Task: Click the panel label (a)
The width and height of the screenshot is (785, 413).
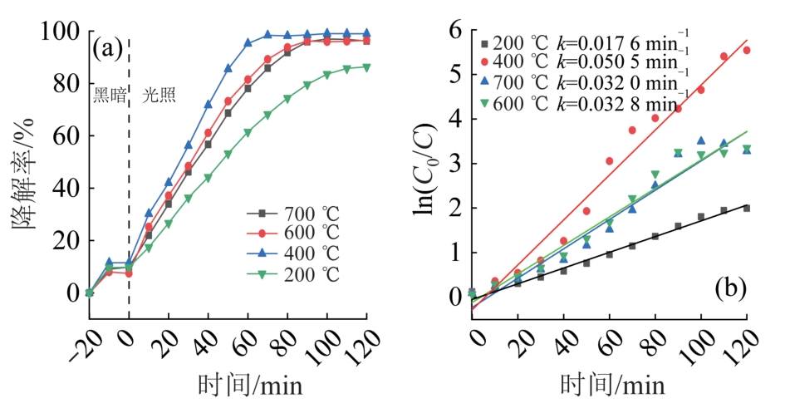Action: click(107, 48)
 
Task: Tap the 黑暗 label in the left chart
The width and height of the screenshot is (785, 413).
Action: click(108, 95)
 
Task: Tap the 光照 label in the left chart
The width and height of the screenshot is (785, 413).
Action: click(159, 95)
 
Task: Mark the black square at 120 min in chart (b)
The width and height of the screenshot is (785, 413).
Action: click(746, 208)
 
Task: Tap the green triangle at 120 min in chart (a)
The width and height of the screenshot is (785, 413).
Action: click(366, 67)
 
